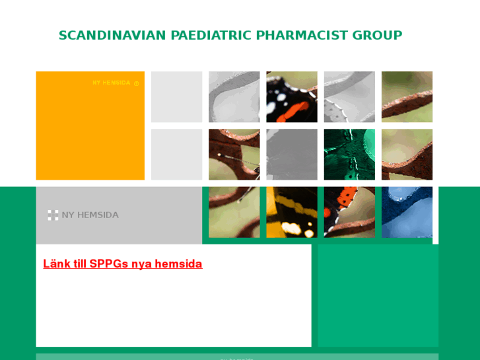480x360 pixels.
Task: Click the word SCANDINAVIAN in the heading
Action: coord(112,36)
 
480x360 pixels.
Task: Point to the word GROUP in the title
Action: coord(377,36)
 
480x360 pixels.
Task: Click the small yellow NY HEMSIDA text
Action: coord(111,83)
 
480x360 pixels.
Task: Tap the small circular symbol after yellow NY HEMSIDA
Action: coord(137,83)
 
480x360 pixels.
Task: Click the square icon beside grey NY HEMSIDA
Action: coord(53,215)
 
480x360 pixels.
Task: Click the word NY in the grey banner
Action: coord(68,215)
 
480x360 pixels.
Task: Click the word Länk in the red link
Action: coord(56,264)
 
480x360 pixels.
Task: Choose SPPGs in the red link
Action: coord(109,264)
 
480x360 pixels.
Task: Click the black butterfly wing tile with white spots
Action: coord(292,96)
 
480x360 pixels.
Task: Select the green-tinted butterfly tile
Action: coord(349,155)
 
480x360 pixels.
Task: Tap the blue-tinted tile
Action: coord(407,212)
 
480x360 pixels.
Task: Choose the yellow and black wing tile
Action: coord(292,212)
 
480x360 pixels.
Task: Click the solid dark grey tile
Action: coord(292,155)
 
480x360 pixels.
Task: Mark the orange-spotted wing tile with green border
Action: coord(349,212)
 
